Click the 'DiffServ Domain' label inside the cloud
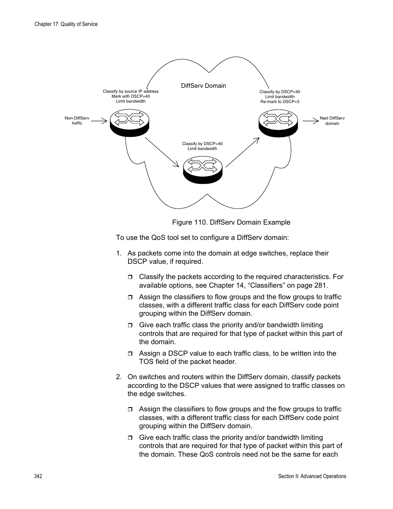pyautogui.click(x=204, y=86)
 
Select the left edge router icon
pyautogui.click(x=129, y=122)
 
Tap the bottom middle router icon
pyautogui.click(x=203, y=170)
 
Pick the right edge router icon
pyautogui.click(x=278, y=122)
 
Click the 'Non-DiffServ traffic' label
pyautogui.click(x=77, y=120)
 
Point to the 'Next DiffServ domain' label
pyautogui.click(x=332, y=121)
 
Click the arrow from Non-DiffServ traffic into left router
pyautogui.click(x=99, y=121)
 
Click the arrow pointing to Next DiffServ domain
pyautogui.click(x=310, y=121)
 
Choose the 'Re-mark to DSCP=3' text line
pyautogui.click(x=280, y=102)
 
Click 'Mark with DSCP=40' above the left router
pyautogui.click(x=131, y=96)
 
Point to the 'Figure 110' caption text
pyautogui.click(x=231, y=223)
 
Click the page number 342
pyautogui.click(x=38, y=476)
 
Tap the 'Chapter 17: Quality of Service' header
pyautogui.click(x=66, y=24)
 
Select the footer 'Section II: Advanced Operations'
pyautogui.click(x=312, y=476)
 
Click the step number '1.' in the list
pyautogui.click(x=119, y=253)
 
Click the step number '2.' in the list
pyautogui.click(x=119, y=377)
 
